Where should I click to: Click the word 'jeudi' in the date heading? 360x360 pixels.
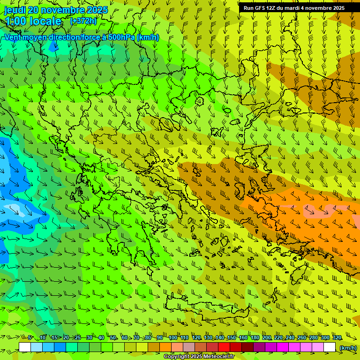[15, 10]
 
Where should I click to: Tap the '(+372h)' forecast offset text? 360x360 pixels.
[83, 21]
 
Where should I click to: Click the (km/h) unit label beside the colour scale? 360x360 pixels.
[347, 348]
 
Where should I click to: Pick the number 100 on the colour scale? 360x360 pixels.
[172, 337]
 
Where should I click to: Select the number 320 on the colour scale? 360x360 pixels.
[337, 337]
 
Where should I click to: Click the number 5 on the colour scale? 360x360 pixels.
[30, 337]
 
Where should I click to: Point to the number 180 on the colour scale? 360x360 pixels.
[255, 337]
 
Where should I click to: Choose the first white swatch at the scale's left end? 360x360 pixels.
[25, 347]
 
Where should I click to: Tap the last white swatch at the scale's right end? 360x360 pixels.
[330, 347]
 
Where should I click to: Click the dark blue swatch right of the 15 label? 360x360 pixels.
[60, 347]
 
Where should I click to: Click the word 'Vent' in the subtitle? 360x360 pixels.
[13, 37]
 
